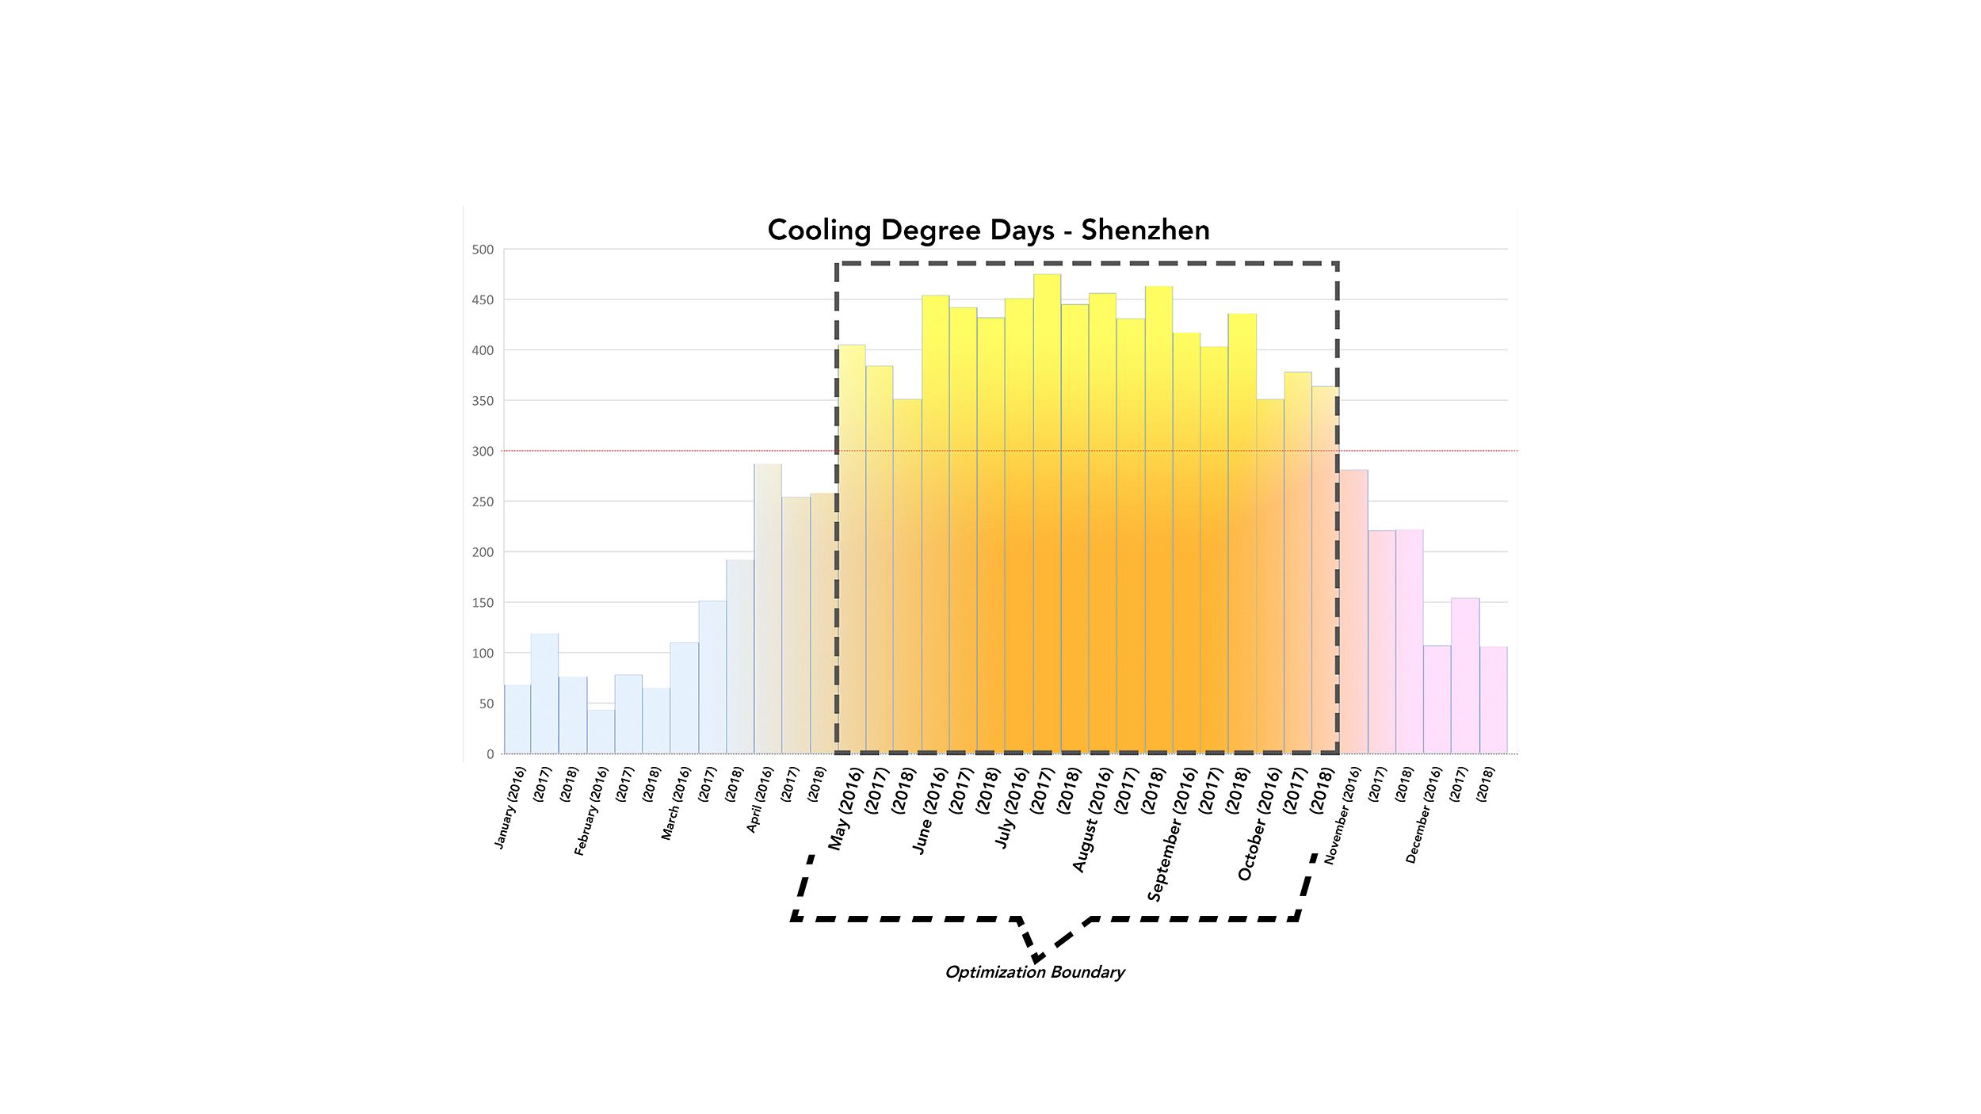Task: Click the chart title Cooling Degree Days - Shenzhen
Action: point(988,230)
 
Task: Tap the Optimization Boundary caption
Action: point(1035,972)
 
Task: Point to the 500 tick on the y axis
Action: point(483,250)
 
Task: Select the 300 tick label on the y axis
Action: point(483,452)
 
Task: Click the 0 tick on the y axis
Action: point(490,754)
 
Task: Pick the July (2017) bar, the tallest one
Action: point(1047,515)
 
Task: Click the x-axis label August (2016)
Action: point(1093,820)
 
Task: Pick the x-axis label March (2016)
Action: point(676,803)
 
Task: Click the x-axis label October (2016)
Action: point(1259,824)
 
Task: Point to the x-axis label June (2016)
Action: point(929,811)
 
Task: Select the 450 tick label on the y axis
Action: point(483,300)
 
